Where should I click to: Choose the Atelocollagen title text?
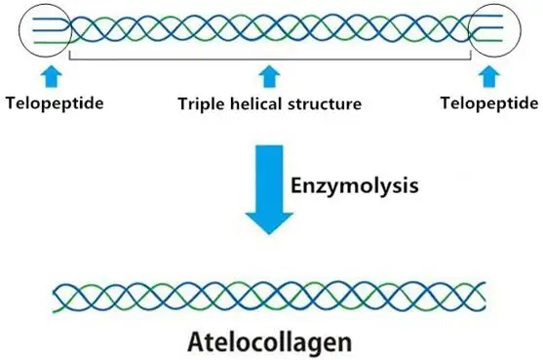point(270,342)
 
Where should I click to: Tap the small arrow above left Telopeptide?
point(50,75)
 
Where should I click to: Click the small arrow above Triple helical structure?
point(267,75)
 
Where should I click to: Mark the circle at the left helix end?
point(44,30)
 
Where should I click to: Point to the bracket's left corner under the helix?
point(67,59)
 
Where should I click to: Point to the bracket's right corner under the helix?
point(473,59)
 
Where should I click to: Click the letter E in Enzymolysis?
point(299,181)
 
